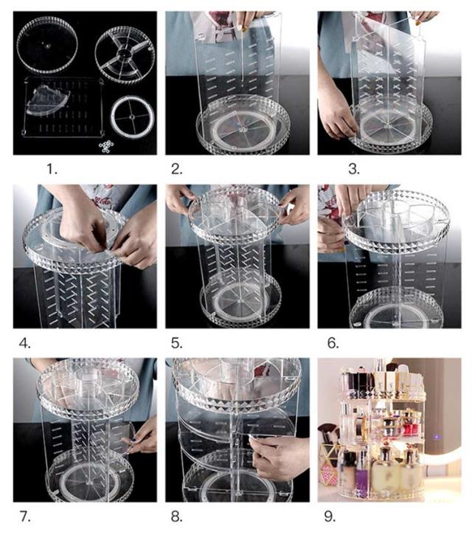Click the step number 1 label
pos(52,169)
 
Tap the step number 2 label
pos(177,169)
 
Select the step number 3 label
pos(354,169)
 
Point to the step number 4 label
pos(24,343)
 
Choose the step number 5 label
pos(177,343)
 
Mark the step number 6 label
pos(333,343)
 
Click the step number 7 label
pos(25,517)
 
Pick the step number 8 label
pos(177,517)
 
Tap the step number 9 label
pos(330,517)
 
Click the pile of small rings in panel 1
pos(106,146)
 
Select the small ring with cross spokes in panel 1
pos(133,117)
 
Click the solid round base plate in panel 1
pos(47,45)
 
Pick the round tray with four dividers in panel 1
pos(125,55)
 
